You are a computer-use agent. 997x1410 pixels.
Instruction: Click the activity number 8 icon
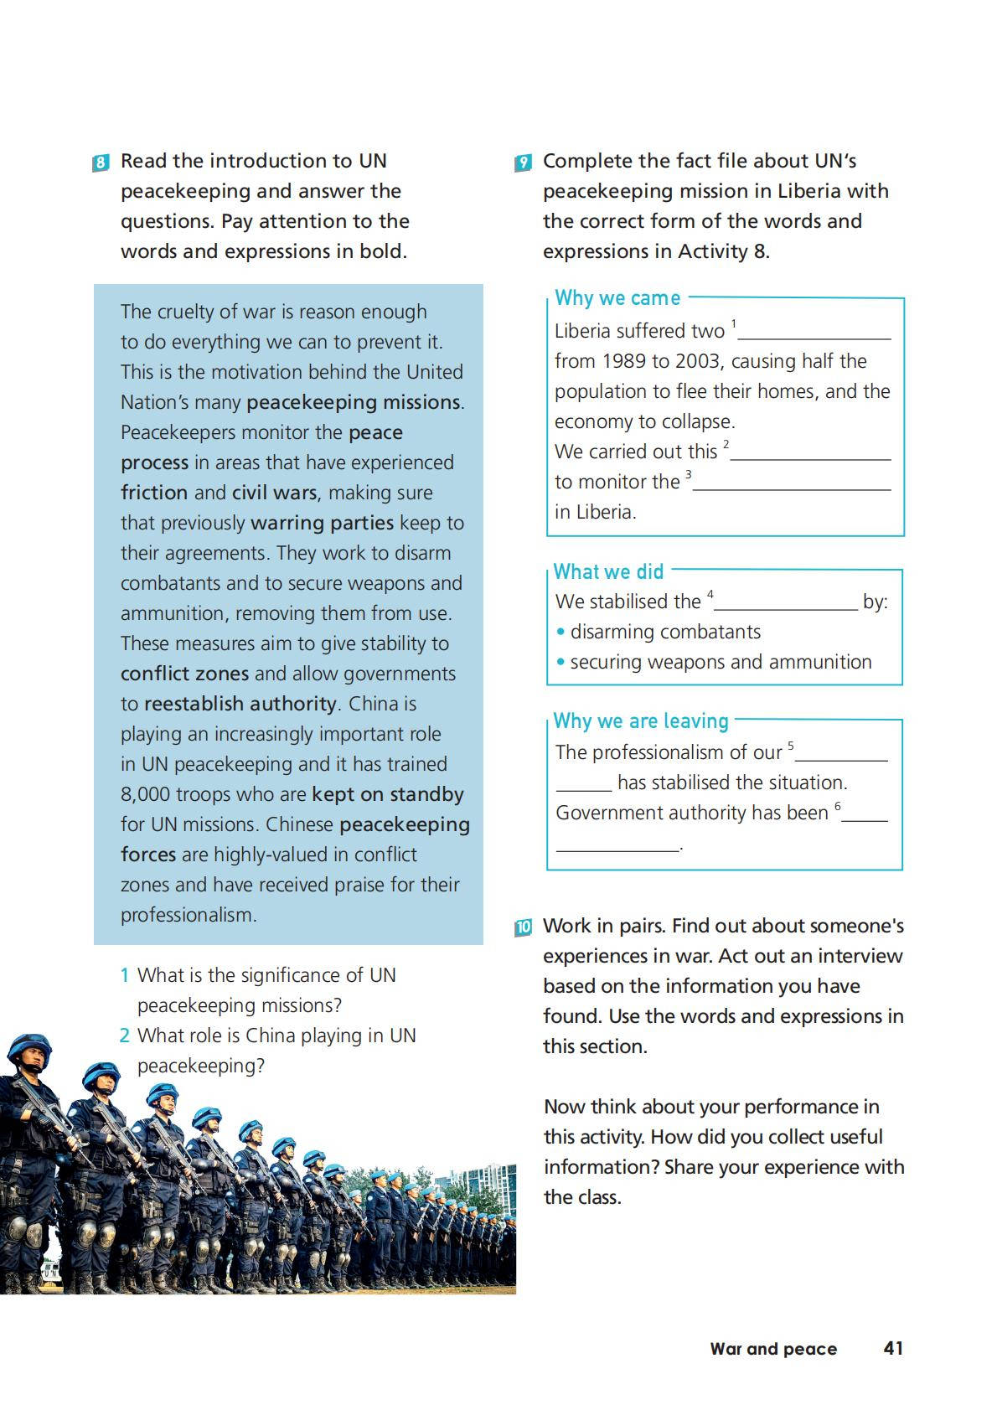[101, 163]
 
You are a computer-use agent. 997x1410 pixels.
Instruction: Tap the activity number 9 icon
[523, 163]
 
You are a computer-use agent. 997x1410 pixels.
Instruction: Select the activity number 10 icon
[523, 927]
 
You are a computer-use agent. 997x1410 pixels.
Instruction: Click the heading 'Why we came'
[617, 298]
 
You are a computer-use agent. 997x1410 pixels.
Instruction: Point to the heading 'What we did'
[608, 572]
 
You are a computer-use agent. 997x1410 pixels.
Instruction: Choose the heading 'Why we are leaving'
[641, 721]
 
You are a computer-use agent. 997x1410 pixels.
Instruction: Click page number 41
[893, 1348]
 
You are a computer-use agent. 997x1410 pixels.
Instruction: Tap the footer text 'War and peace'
[772, 1349]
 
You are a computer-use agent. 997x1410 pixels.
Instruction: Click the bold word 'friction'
[154, 493]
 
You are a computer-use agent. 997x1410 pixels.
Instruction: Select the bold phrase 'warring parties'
[322, 523]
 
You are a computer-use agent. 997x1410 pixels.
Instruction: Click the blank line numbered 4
[785, 604]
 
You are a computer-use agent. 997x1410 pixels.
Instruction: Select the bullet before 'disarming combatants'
[560, 633]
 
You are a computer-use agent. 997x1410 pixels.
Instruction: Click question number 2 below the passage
[124, 1036]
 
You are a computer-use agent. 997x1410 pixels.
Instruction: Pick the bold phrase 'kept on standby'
[387, 794]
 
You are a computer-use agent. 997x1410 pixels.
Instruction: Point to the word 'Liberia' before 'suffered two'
[585, 332]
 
